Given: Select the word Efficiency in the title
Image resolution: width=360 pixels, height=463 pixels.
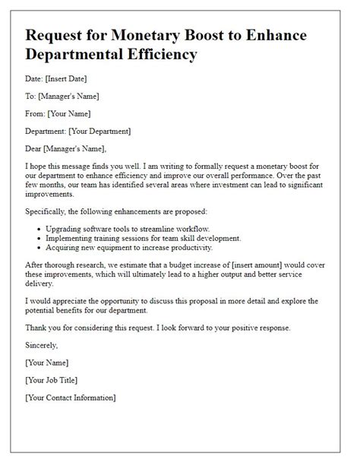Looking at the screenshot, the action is pos(157,55).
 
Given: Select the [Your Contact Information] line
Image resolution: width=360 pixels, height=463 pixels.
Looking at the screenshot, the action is pos(71,397).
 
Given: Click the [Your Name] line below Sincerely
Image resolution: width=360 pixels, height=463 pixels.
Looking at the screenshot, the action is pos(47,362).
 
